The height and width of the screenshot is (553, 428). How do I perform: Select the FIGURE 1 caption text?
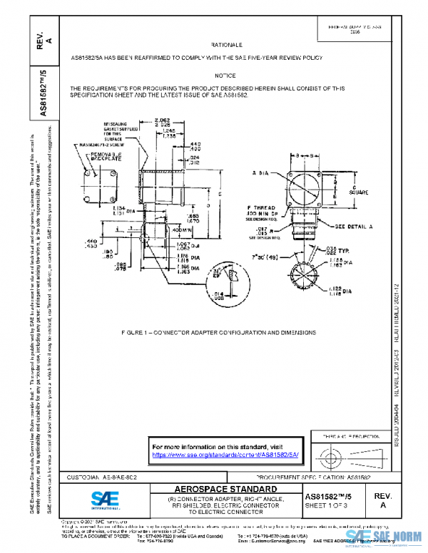228,333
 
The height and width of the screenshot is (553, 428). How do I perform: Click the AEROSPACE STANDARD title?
225,489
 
